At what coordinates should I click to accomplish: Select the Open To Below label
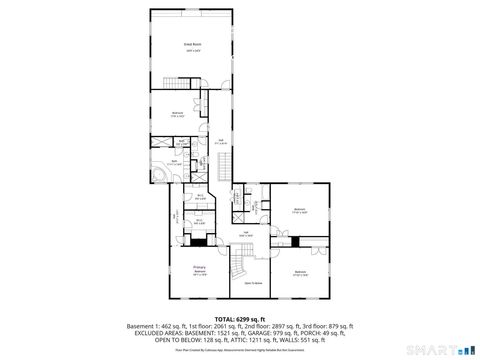point(253,283)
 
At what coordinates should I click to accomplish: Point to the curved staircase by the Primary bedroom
point(238,264)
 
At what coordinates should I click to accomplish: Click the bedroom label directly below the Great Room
point(177,114)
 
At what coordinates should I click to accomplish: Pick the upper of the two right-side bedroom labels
point(298,210)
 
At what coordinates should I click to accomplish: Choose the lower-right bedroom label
point(299,272)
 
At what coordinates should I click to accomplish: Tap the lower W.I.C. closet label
point(200,222)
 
